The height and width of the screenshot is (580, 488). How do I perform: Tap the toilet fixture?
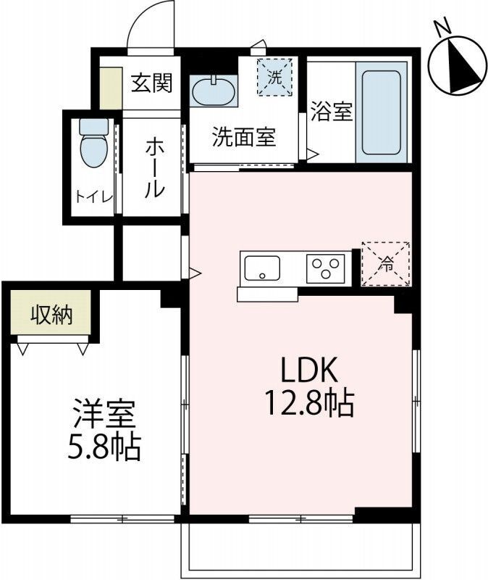click(x=93, y=145)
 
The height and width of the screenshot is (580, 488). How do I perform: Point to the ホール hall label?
click(x=153, y=168)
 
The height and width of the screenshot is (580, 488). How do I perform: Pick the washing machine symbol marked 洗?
click(x=274, y=77)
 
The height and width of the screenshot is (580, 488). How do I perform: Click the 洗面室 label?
click(x=244, y=137)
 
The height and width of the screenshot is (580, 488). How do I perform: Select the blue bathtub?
click(x=381, y=112)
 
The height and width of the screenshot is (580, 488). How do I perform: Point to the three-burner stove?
click(x=327, y=268)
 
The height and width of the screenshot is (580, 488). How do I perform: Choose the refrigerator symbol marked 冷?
click(x=386, y=264)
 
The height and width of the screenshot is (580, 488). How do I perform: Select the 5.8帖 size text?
click(x=103, y=448)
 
